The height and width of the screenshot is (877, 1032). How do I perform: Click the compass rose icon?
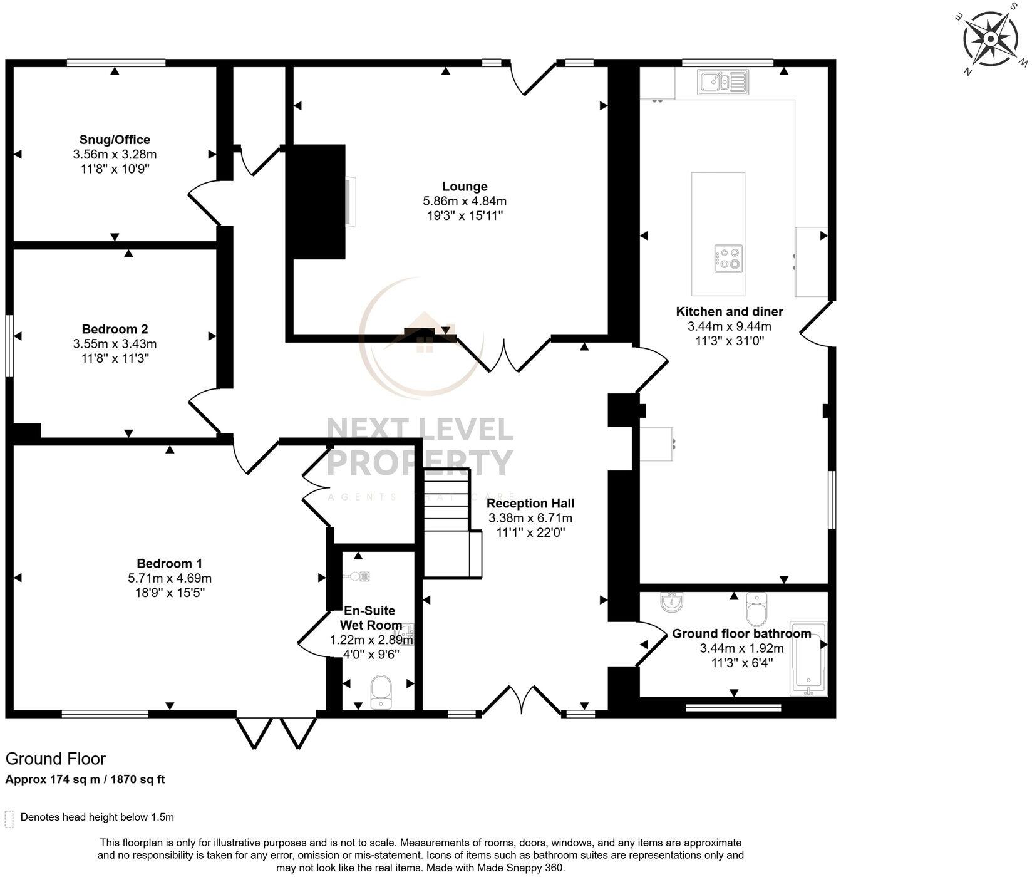coord(990,39)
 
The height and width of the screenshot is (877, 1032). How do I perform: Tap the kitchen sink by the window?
coord(724,81)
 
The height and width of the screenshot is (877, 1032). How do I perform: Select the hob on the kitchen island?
coord(728,258)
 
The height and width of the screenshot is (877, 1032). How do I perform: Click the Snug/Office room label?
coord(115,140)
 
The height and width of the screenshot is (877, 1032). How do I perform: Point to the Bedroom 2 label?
coord(115,329)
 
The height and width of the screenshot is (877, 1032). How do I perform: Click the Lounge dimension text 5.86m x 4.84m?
coord(465,201)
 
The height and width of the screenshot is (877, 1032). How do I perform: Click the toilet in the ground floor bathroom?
coord(756,609)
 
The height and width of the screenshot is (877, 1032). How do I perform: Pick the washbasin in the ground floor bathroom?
coord(672,603)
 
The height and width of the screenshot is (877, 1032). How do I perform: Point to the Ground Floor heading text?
coord(56,759)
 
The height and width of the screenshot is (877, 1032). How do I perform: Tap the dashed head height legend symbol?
coord(9,818)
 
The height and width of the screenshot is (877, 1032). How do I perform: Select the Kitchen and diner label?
coord(729,311)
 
